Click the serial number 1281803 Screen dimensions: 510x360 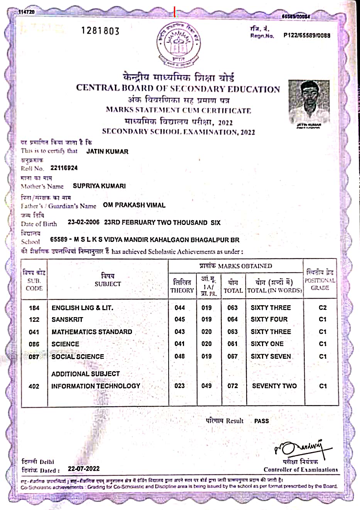100,31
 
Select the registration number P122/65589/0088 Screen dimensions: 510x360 307,35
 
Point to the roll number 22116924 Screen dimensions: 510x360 64,168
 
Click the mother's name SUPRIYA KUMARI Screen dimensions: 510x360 99,186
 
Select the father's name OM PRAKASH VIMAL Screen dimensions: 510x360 134,205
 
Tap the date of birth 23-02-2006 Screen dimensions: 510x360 84,222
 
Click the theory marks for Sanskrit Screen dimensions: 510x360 180,319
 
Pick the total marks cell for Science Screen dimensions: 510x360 233,344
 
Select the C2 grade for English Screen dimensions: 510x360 323,307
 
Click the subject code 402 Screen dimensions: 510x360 34,386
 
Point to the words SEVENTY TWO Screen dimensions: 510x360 274,386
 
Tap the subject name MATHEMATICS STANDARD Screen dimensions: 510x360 92,332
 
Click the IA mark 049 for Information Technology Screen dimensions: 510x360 206,386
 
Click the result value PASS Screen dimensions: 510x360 262,421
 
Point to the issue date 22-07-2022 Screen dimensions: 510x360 84,469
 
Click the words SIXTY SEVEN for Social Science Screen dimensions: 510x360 271,356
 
